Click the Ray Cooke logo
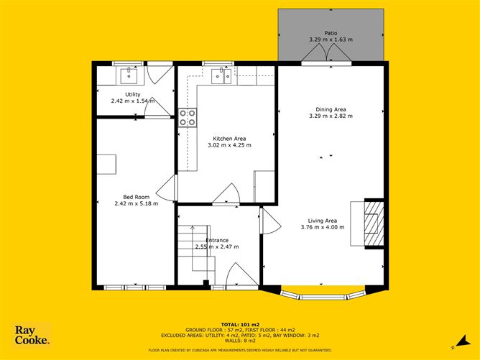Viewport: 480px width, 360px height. [x=32, y=336]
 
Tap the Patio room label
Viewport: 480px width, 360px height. [x=330, y=33]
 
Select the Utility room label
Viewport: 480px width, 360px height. [x=132, y=95]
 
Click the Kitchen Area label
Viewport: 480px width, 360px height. [x=229, y=138]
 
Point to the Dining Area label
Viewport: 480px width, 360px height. [x=331, y=109]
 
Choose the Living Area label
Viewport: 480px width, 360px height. [x=322, y=221]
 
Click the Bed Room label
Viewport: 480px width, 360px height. [x=135, y=197]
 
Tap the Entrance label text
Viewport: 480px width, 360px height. [x=217, y=240]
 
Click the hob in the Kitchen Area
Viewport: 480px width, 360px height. [x=188, y=118]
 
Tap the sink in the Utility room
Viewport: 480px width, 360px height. [x=131, y=73]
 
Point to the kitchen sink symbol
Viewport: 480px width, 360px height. [x=225, y=75]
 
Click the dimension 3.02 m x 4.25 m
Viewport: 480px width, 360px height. [x=229, y=145]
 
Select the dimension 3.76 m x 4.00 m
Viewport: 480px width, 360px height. [x=322, y=227]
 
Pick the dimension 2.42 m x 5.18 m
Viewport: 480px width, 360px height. [x=135, y=203]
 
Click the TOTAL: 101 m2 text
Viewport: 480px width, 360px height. [x=240, y=325]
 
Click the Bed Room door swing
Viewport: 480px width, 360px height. [x=167, y=188]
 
